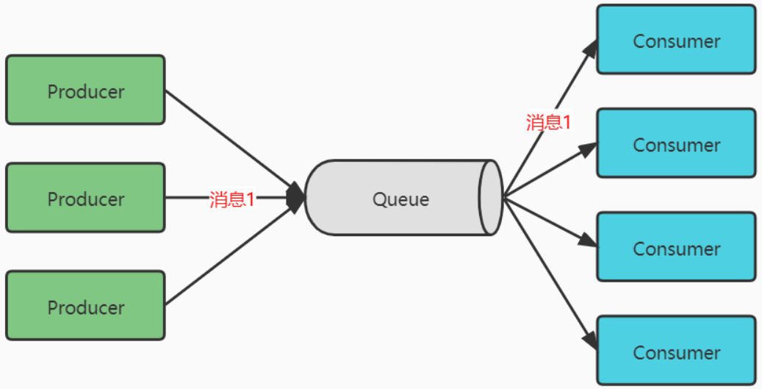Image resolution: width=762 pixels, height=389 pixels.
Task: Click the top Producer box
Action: (85, 90)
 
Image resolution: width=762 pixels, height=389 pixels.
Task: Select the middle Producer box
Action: (85, 198)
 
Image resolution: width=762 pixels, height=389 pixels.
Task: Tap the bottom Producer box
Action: (85, 306)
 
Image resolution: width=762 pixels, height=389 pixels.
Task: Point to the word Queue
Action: (400, 199)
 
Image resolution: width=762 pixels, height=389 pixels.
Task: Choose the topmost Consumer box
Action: (676, 40)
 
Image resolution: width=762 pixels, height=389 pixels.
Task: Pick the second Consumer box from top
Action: (676, 143)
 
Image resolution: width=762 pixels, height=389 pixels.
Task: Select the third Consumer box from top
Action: (676, 247)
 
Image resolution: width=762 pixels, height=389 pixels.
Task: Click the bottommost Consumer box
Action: (676, 351)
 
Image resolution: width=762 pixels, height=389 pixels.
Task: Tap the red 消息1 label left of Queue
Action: (231, 199)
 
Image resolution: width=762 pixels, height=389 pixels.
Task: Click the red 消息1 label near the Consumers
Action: (548, 122)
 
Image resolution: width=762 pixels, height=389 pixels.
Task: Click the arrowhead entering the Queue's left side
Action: (295, 197)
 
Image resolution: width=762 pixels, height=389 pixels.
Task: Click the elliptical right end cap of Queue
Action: (490, 197)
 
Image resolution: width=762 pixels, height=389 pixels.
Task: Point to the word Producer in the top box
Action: (85, 92)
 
